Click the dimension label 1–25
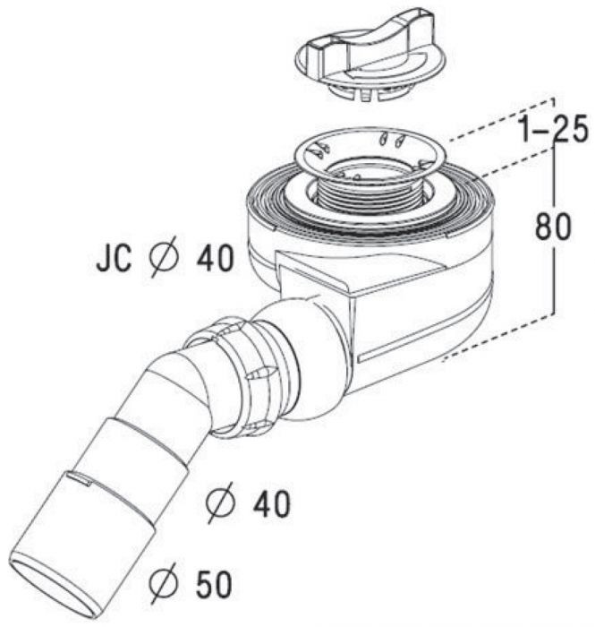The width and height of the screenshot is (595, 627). click(551, 130)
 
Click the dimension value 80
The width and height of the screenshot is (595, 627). click(553, 228)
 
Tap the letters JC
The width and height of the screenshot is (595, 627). click(114, 260)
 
